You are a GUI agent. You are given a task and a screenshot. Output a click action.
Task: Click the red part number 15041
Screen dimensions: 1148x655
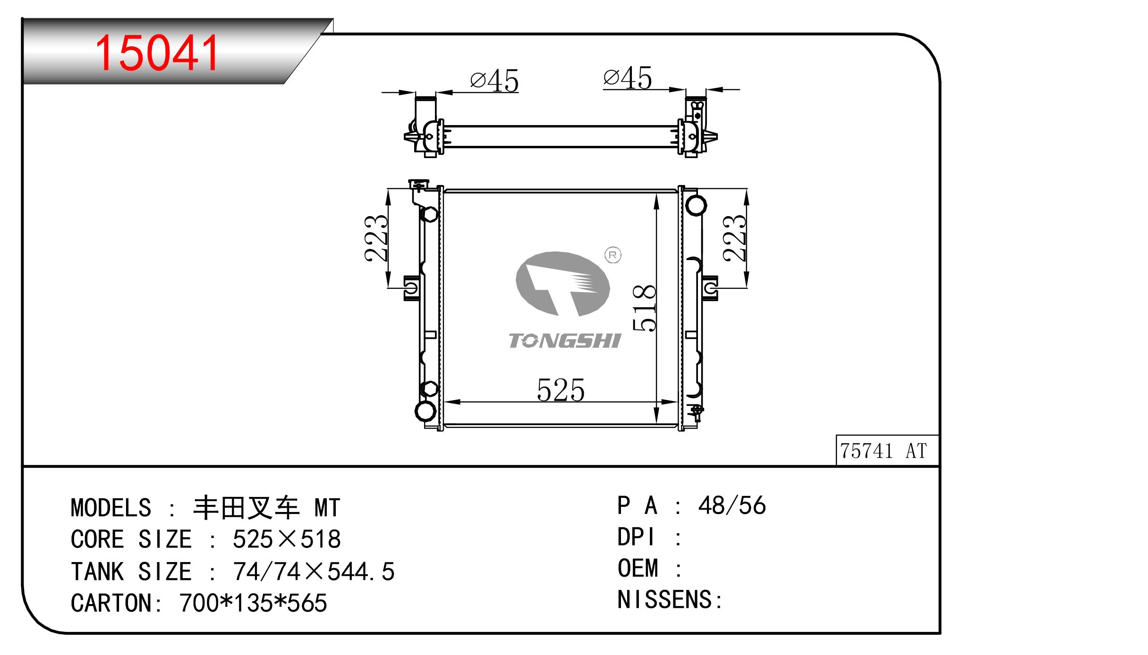pyautogui.click(x=157, y=53)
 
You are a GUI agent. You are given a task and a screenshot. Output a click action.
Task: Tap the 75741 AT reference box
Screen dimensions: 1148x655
pyautogui.click(x=887, y=450)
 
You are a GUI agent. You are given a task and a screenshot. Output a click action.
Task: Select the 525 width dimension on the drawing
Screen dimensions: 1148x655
pyautogui.click(x=561, y=390)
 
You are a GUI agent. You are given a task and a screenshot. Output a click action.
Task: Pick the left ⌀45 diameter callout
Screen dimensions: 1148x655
pyautogui.click(x=494, y=81)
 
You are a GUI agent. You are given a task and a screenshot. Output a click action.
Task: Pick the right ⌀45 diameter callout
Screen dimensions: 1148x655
pyautogui.click(x=628, y=77)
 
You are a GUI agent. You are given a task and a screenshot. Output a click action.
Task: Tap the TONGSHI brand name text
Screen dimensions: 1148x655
pyautogui.click(x=565, y=341)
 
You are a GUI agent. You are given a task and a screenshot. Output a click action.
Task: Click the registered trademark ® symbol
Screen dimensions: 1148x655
pyautogui.click(x=613, y=255)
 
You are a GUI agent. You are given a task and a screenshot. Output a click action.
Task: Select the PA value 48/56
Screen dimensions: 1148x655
pyautogui.click(x=731, y=505)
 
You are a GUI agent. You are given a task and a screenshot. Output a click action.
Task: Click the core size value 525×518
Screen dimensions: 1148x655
pyautogui.click(x=287, y=539)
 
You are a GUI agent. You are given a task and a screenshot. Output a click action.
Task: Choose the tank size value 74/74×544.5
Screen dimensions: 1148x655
pyautogui.click(x=314, y=571)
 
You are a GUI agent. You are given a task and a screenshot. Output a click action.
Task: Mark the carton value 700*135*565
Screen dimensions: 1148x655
pyautogui.click(x=253, y=603)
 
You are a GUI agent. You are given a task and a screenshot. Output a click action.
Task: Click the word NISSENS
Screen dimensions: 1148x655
pyautogui.click(x=665, y=599)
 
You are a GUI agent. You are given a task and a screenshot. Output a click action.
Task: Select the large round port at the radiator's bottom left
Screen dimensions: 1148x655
pyautogui.click(x=425, y=411)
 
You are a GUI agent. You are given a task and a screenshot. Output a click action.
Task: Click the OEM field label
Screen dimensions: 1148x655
pyautogui.click(x=638, y=568)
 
